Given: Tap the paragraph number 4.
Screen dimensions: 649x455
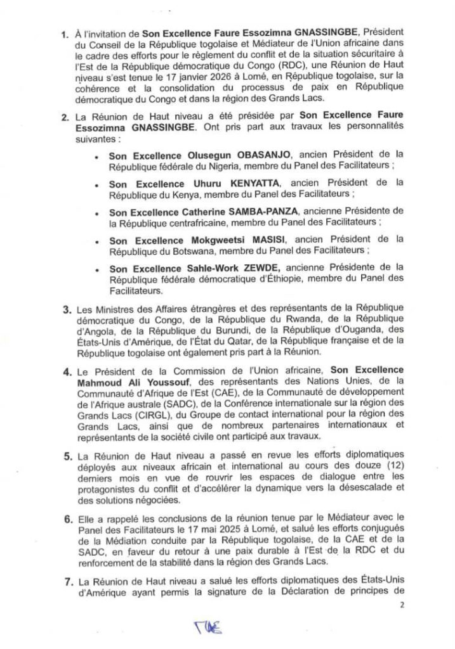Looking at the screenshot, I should click(x=63, y=369).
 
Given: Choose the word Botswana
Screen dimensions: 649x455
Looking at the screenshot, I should click(x=194, y=250).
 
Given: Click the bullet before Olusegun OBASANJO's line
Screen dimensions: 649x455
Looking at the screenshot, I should click(x=95, y=155).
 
